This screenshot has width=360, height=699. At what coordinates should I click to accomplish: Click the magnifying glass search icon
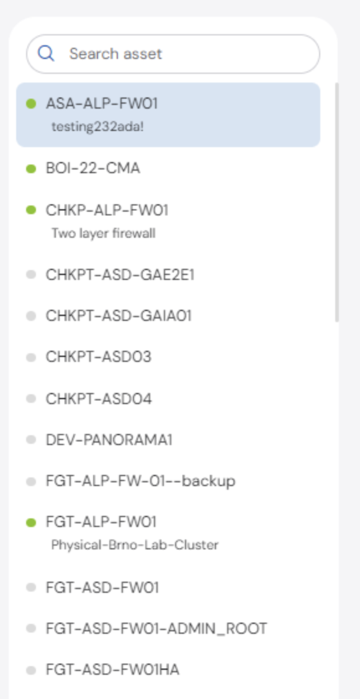coord(46,53)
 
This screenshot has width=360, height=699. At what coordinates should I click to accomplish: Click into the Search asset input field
coord(173,54)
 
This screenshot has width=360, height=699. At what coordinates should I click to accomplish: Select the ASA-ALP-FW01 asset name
coord(102,104)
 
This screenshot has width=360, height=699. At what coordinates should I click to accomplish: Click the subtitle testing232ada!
coord(97,127)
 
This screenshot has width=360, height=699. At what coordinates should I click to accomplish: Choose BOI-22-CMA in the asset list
coord(92,168)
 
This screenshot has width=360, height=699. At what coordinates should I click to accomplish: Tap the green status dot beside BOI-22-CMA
coord(31,169)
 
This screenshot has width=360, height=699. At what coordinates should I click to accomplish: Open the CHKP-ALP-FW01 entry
coord(107,210)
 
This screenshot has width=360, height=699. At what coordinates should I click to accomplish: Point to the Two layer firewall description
coord(104,233)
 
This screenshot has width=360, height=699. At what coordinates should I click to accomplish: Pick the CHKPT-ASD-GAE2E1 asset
coord(120,274)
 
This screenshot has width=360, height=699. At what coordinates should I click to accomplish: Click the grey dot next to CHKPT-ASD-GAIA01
coord(31,316)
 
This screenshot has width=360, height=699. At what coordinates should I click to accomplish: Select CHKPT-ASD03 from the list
coord(99,356)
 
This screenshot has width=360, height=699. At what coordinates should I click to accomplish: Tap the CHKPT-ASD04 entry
coord(99,399)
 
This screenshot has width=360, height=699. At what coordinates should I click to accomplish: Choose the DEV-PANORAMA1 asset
coord(109,440)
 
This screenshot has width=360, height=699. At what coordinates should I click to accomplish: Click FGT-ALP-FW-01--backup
coord(140,481)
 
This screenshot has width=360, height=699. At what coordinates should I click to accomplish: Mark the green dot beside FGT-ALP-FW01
coord(31,522)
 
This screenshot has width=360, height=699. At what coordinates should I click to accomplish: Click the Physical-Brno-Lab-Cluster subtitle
coord(135,545)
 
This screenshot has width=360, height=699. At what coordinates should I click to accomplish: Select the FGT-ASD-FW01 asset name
coord(102,587)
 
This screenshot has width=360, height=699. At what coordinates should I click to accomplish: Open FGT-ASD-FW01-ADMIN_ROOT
coord(156,629)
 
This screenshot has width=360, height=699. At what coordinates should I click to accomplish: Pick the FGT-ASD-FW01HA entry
coord(112,670)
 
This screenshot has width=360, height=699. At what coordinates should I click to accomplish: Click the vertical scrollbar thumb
coord(337,202)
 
